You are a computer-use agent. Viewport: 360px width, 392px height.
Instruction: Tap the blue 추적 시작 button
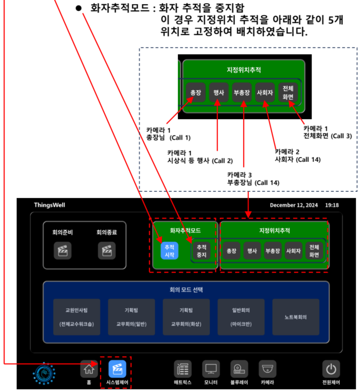click(x=169, y=250)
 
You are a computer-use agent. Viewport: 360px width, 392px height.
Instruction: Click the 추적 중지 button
click(x=201, y=251)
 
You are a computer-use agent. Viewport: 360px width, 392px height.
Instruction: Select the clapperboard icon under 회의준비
click(x=62, y=250)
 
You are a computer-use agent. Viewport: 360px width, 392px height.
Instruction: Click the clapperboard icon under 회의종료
click(x=106, y=250)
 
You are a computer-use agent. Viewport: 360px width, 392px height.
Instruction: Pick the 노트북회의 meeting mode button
click(x=295, y=317)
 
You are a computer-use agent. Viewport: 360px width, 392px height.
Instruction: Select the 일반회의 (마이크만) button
click(x=241, y=317)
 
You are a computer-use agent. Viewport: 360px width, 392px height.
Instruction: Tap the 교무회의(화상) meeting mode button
click(x=186, y=317)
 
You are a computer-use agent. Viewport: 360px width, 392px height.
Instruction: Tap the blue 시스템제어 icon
click(x=117, y=369)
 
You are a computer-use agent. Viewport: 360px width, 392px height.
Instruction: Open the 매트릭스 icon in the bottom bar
click(x=183, y=369)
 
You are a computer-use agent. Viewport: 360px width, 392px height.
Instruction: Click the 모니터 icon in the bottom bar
click(x=211, y=369)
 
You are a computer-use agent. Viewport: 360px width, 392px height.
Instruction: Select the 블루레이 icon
click(x=239, y=369)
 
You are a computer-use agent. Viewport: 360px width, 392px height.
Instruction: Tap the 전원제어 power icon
click(x=331, y=369)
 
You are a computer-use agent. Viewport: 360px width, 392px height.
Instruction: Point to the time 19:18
click(x=332, y=205)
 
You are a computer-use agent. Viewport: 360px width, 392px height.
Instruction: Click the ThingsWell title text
click(x=51, y=205)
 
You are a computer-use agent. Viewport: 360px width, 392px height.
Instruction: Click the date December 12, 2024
click(x=294, y=205)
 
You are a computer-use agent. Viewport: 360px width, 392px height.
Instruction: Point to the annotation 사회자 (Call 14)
click(x=297, y=159)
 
